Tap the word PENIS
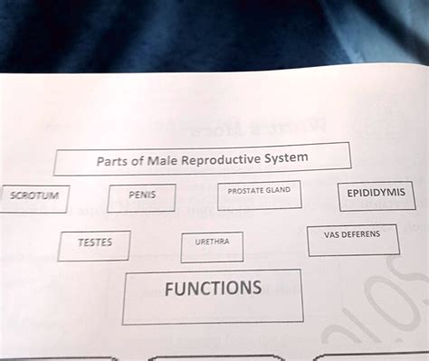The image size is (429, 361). click(142, 194)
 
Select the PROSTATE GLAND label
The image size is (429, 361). click(259, 191)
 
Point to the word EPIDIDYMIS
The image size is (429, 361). click(376, 193)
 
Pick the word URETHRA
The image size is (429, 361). click(212, 242)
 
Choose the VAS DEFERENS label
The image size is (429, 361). click(351, 233)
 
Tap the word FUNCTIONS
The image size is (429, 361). click(213, 289)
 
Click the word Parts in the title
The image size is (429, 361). click(113, 163)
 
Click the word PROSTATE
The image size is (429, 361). click(245, 191)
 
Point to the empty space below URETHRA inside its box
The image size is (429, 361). click(212, 253)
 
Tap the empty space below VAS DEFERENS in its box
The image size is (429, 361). click(351, 245)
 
